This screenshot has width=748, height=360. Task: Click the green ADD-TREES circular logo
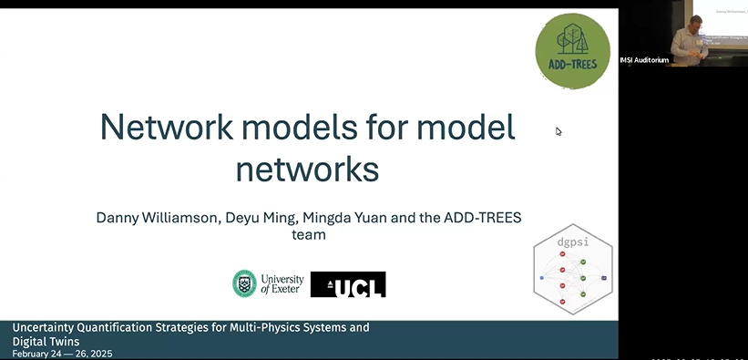pos(572,51)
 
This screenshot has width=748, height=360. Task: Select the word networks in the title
pos(307,170)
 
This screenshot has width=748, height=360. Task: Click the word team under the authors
pos(307,235)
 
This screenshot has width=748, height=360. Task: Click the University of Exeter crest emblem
pos(243,283)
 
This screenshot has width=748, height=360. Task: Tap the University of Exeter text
pos(282,284)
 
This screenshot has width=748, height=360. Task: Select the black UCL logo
pos(348,284)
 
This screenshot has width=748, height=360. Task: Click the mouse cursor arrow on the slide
pos(558,131)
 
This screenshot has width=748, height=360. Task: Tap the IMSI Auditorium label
pos(644,60)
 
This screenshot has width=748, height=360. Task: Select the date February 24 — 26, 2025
pos(62,354)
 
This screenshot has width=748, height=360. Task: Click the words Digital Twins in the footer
pos(46,341)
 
